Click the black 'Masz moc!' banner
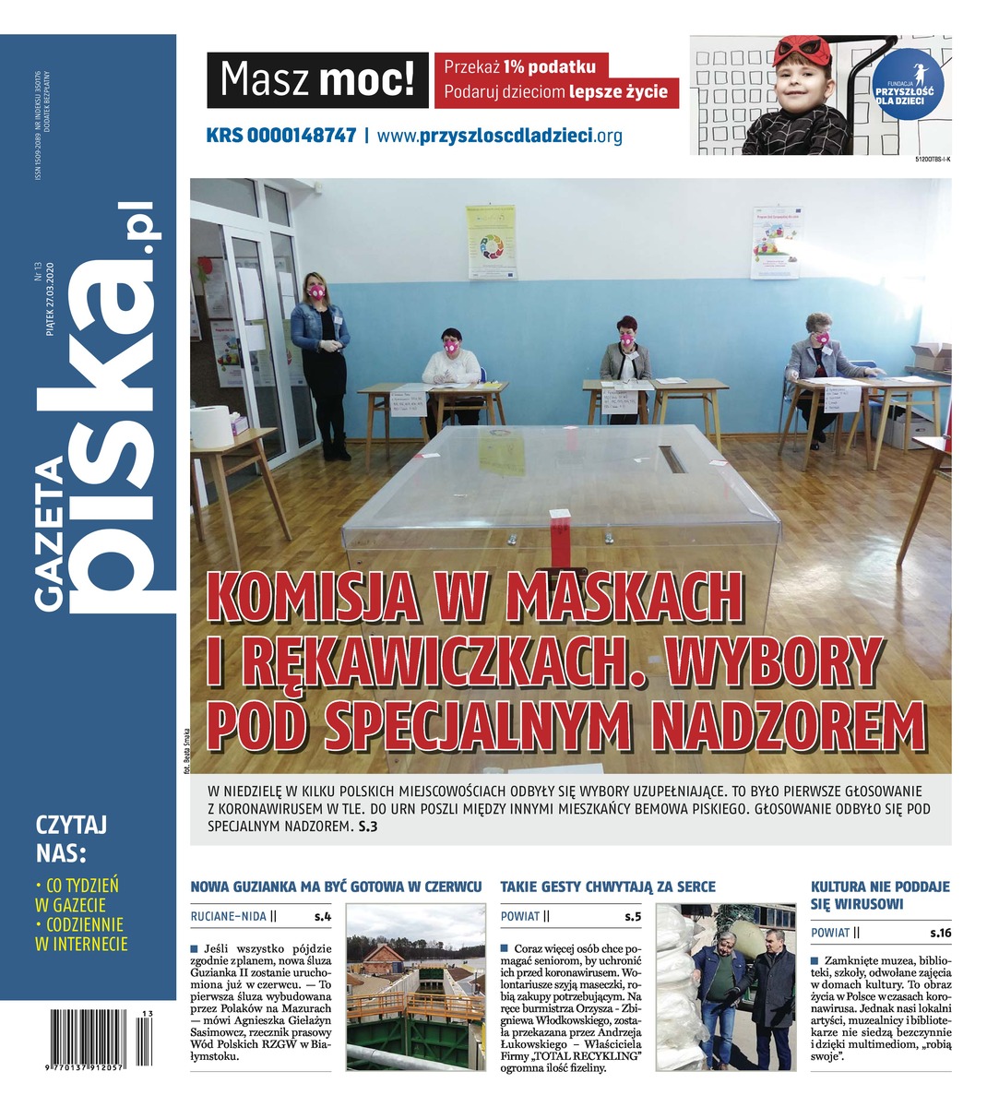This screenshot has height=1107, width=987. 317,80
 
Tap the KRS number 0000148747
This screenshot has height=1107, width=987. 281,136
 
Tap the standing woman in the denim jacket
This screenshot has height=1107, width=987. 321,360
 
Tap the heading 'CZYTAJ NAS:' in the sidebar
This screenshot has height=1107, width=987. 70,836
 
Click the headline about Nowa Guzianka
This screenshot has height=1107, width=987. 336,887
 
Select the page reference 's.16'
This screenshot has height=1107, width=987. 939,934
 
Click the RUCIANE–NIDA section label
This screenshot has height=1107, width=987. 229,916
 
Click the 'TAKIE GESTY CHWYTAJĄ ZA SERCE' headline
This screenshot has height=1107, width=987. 607,887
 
